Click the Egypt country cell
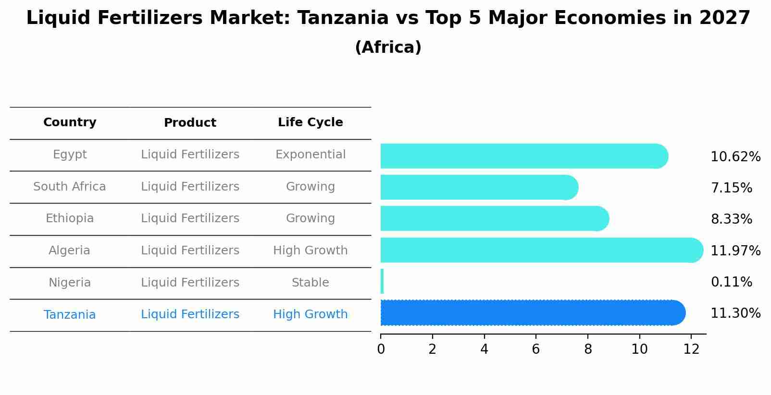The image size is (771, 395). pos(70,155)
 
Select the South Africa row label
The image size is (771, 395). pos(70,187)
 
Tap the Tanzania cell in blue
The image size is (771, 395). pos(70,315)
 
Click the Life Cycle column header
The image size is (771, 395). pos(310,122)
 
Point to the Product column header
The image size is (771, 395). pos(190,123)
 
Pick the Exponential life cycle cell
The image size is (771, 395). pos(310,155)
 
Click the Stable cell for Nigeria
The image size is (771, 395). pos(310,283)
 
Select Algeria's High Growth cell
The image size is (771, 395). pos(310,251)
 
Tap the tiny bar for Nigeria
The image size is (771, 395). pos(382,281)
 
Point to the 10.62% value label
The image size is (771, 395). pos(735,157)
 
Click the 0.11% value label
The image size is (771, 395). pos(731,282)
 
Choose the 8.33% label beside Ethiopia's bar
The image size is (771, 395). pos(731,219)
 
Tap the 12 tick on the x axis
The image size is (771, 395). pos(691,349)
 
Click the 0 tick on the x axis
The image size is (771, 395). pos(381,349)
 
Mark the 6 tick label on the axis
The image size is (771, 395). pos(535,349)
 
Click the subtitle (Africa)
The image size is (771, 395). pos(388,48)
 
